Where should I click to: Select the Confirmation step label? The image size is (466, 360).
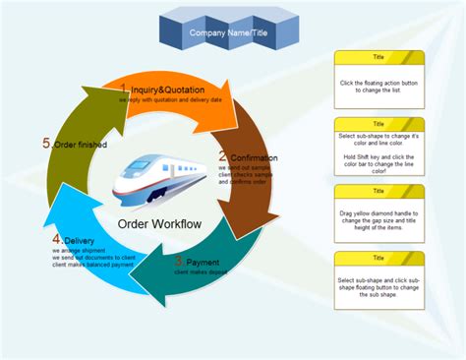[x=253, y=156]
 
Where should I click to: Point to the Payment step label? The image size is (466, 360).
[x=203, y=262]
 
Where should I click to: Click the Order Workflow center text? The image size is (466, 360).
[x=159, y=223]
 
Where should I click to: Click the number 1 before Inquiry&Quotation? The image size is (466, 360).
[x=124, y=90]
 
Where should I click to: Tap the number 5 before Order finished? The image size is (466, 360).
[x=46, y=143]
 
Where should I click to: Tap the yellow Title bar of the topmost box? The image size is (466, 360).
[x=379, y=57]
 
